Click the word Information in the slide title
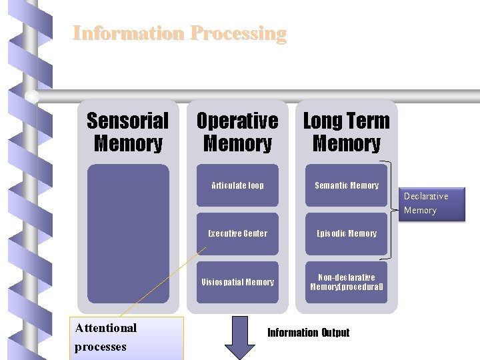click(x=128, y=33)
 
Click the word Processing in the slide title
click(x=238, y=33)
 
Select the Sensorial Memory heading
click(x=128, y=132)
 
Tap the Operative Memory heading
click(x=237, y=132)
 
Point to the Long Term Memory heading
click(x=346, y=132)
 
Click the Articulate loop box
click(x=237, y=185)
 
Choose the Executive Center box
click(x=237, y=233)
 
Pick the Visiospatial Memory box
click(x=237, y=282)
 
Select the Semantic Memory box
click(x=346, y=185)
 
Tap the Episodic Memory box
click(x=346, y=233)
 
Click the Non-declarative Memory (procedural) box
click(x=346, y=282)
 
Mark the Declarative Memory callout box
click(x=432, y=203)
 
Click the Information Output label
click(x=308, y=333)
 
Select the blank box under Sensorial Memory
click(x=128, y=233)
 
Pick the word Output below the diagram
click(x=335, y=333)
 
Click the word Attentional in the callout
click(x=106, y=327)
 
